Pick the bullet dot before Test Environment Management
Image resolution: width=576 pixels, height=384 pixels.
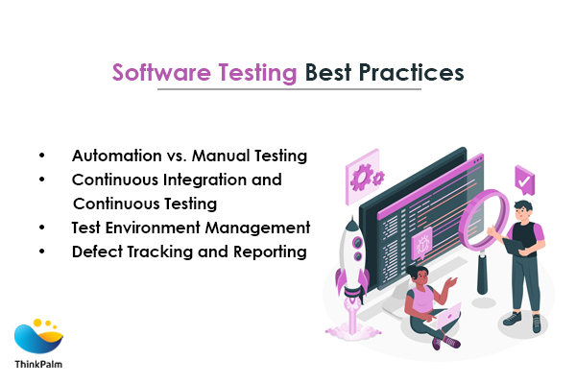click(42, 228)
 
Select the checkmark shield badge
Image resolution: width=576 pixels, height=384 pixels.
click(524, 180)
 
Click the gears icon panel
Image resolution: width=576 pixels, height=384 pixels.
click(365, 177)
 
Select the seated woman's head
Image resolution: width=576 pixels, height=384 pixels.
click(420, 275)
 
